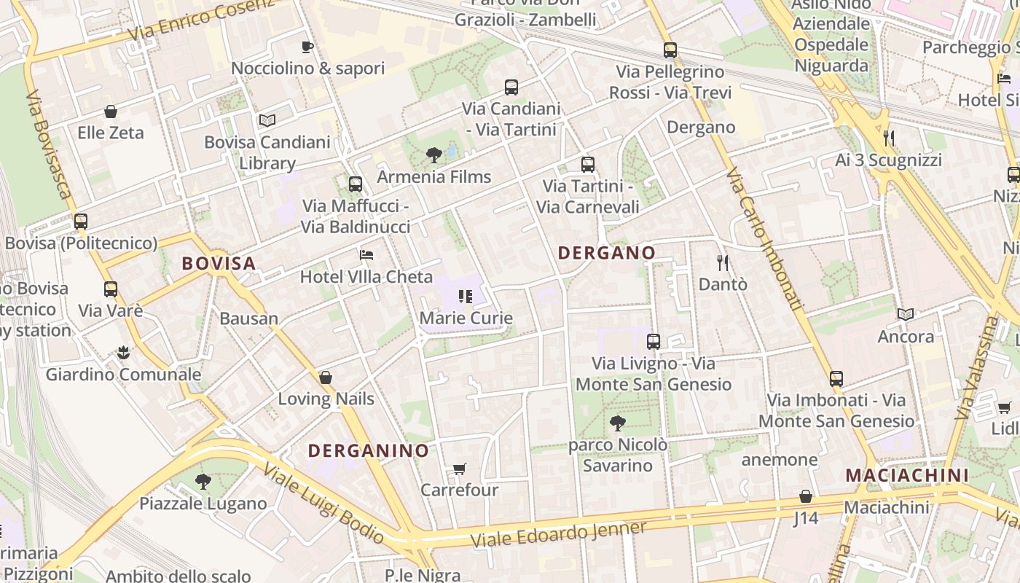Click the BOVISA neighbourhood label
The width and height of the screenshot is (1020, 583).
(219, 263)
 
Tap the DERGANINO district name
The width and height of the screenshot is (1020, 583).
(369, 450)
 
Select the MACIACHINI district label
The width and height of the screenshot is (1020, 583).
(907, 475)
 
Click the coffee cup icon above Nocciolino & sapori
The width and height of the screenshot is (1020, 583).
(307, 47)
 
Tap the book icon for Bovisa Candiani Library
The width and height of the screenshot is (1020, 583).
(267, 120)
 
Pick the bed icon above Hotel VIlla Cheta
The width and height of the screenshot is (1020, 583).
(366, 255)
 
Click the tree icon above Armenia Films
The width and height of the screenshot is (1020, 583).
(433, 154)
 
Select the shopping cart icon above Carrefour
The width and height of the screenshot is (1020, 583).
(459, 469)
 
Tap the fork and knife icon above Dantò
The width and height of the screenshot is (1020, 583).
(723, 262)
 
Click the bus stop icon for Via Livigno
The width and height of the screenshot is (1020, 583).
(654, 341)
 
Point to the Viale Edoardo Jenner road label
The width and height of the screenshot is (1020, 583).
(559, 535)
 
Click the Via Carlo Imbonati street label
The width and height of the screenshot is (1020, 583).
(765, 240)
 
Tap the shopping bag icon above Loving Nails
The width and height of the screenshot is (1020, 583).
(326, 377)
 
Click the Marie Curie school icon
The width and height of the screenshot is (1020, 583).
(465, 297)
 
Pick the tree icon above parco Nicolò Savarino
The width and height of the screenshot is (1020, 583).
(617, 423)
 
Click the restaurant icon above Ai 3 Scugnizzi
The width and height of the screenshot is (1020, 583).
(888, 138)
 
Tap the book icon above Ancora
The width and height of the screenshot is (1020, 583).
(906, 314)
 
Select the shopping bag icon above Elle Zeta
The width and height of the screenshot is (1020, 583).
(111, 111)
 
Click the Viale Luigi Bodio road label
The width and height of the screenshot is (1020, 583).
(323, 504)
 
